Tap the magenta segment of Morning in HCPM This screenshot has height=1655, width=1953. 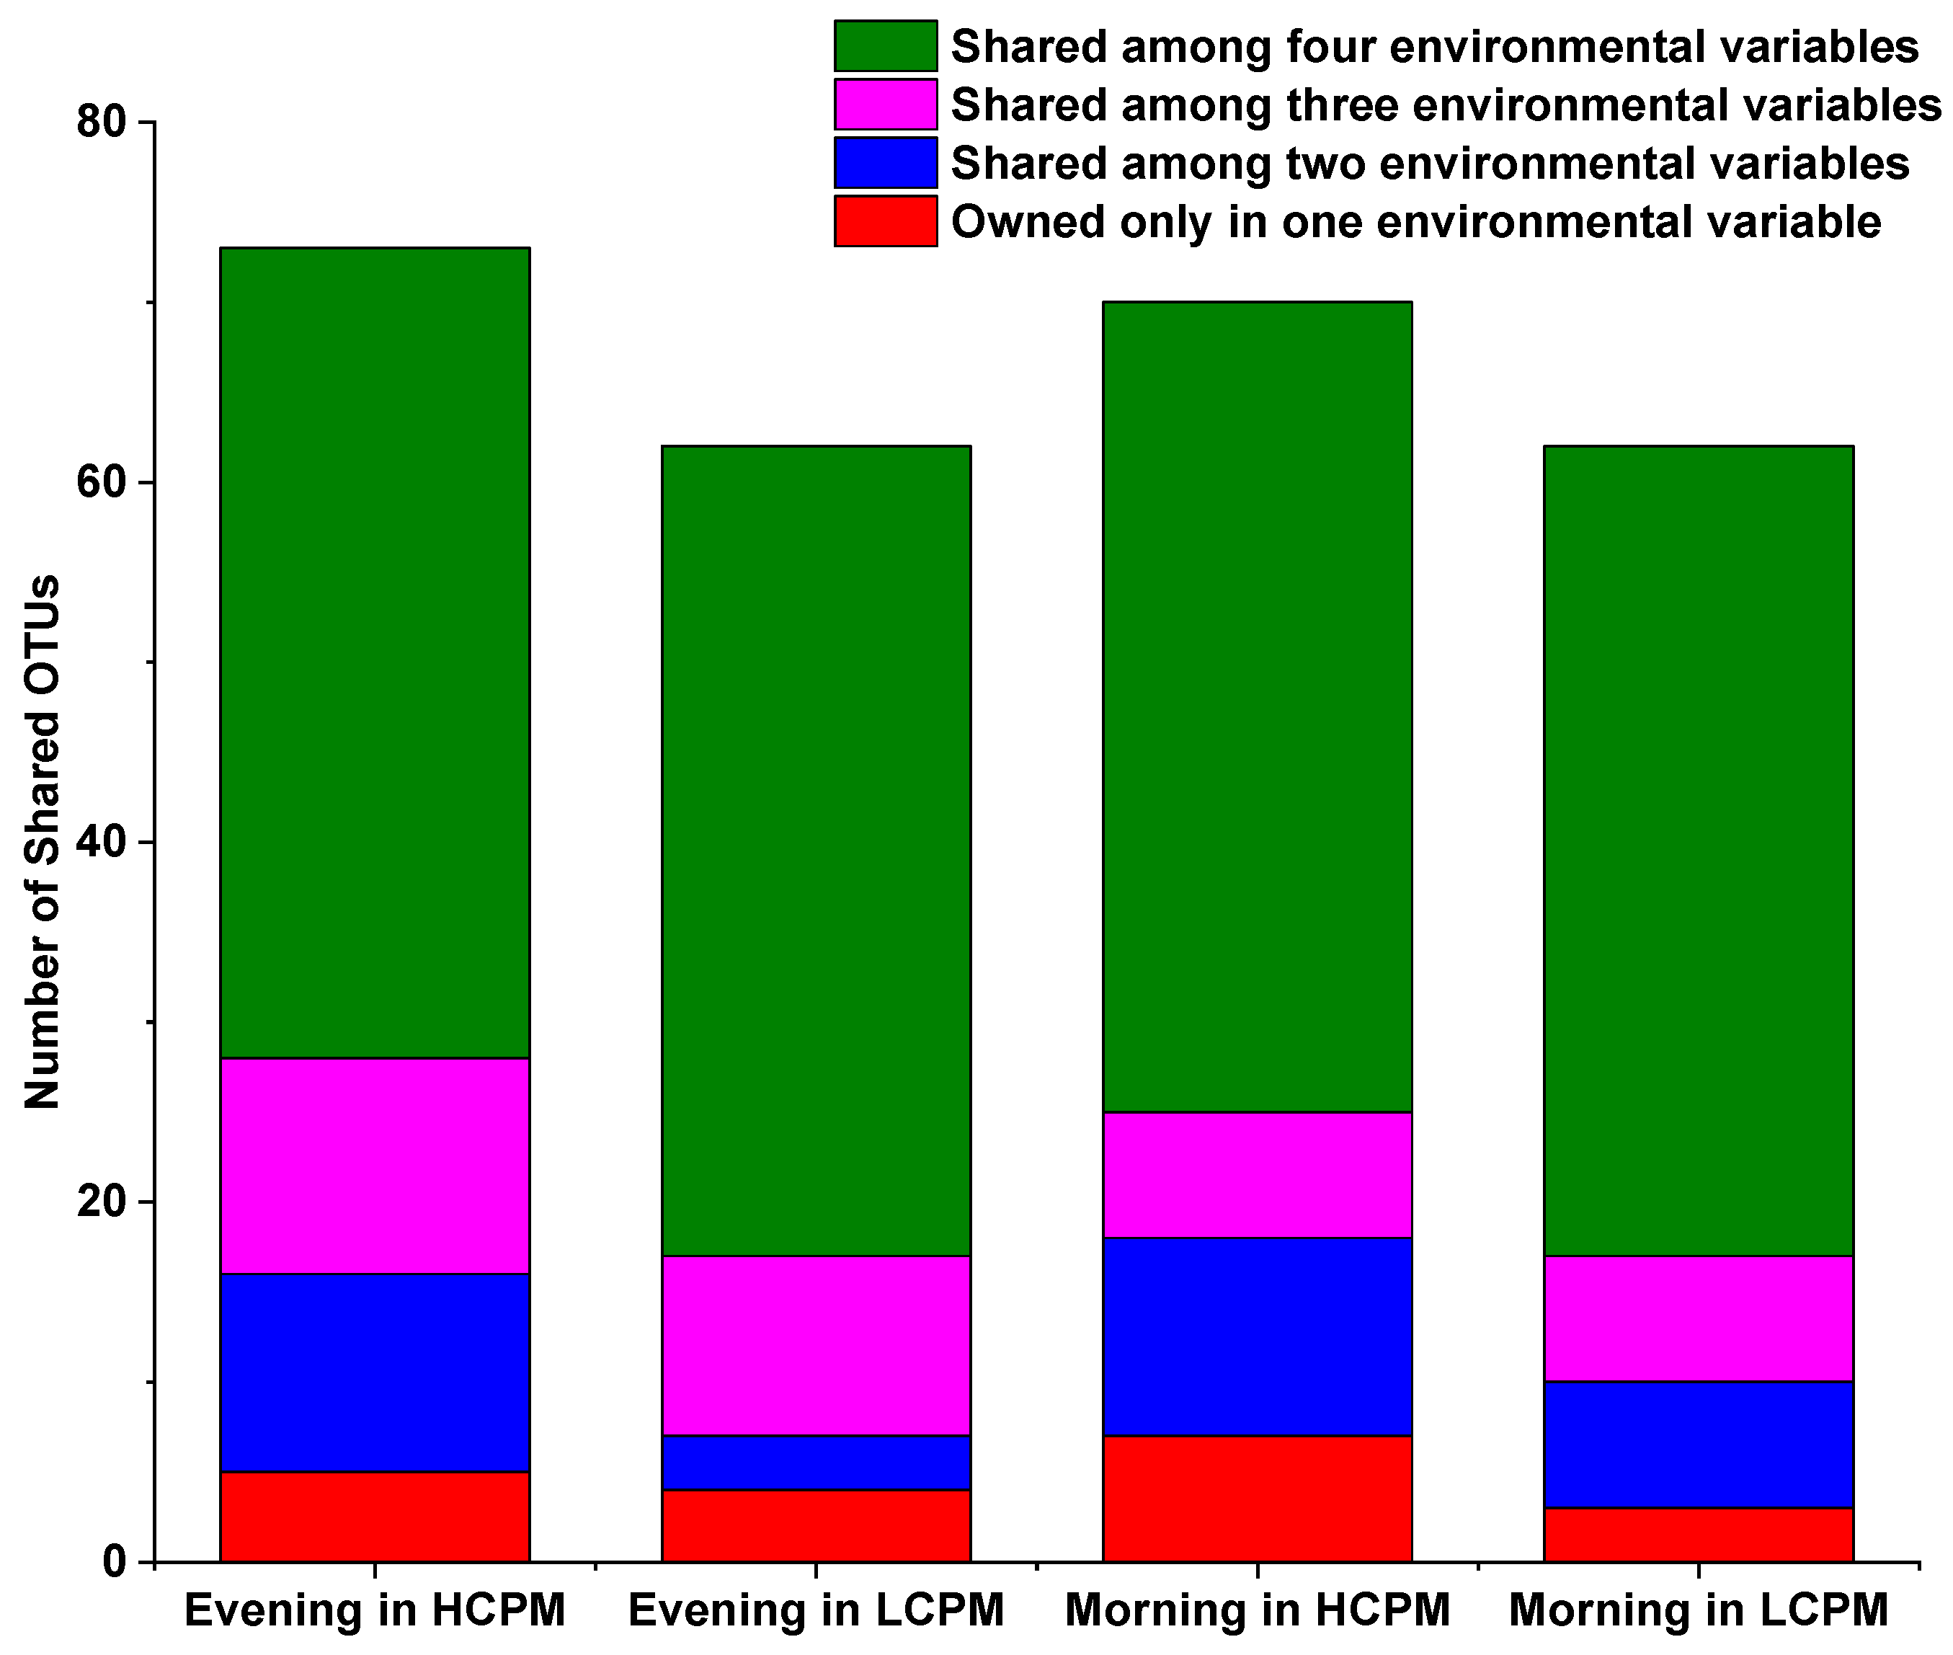click(1257, 1176)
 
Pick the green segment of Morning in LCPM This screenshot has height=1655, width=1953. click(1699, 850)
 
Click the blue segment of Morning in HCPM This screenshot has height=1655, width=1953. click(1257, 1337)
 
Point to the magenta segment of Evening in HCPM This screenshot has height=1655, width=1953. click(374, 1166)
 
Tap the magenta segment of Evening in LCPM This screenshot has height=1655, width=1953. click(816, 1345)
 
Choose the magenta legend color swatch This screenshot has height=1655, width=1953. click(884, 104)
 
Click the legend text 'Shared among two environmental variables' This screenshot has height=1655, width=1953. click(1430, 163)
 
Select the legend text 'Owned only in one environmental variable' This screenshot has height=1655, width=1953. click(1415, 222)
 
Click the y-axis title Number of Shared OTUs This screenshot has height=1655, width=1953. click(43, 842)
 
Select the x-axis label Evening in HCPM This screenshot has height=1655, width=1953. click(374, 1611)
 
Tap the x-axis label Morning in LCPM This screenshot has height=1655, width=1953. click(1699, 1611)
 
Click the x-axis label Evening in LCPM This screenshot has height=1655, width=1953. click(816, 1611)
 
